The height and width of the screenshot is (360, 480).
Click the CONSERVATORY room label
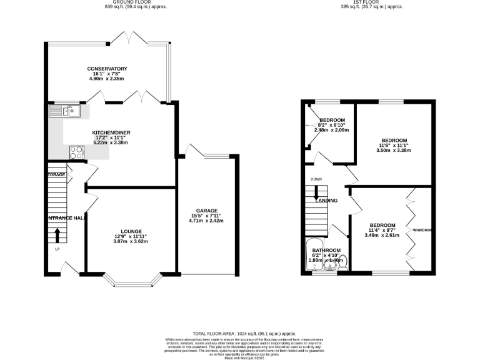[107, 69]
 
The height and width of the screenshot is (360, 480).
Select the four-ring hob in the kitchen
[77, 151]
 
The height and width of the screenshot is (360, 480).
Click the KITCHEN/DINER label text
[110, 133]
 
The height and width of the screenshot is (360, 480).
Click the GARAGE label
[206, 211]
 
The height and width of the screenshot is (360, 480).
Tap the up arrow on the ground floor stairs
[57, 235]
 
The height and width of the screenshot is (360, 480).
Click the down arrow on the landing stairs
[316, 195]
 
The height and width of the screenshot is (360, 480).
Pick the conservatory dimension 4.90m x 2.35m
[107, 79]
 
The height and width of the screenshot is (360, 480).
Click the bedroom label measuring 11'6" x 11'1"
[394, 140]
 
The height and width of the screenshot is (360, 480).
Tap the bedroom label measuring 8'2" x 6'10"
[332, 120]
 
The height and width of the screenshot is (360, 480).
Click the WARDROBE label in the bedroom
[423, 231]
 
